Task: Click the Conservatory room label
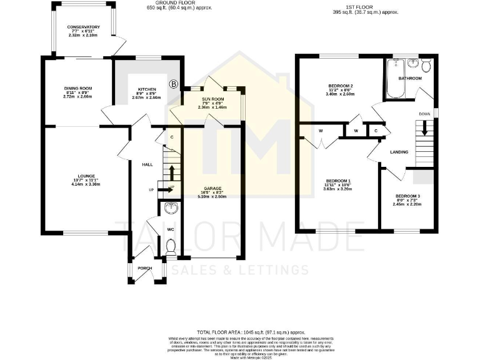tap(84, 27)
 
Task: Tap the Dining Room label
tap(77, 89)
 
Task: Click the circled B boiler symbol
tap(173, 84)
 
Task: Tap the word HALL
tap(147, 164)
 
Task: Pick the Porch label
tap(145, 269)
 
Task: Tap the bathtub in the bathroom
tap(396, 80)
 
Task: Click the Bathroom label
tap(411, 79)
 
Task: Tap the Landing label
tap(399, 152)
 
